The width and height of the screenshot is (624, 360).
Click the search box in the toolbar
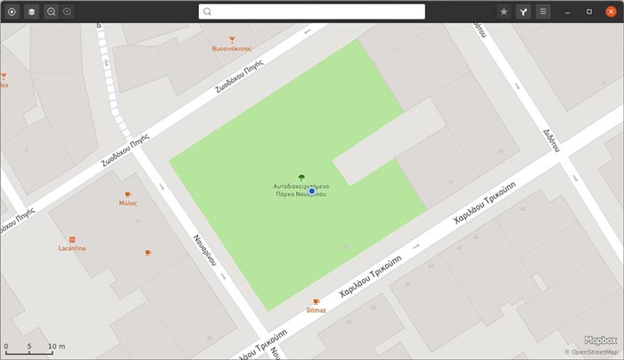click(x=311, y=12)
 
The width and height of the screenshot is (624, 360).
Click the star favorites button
click(x=504, y=12)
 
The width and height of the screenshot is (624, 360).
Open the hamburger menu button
click(x=543, y=12)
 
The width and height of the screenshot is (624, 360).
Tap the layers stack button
click(x=31, y=12)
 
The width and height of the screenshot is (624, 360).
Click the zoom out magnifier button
click(x=51, y=12)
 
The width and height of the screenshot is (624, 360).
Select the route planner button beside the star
click(x=523, y=12)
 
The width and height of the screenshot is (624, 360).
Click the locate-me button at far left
click(x=12, y=12)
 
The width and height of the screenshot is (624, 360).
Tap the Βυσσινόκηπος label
click(x=232, y=49)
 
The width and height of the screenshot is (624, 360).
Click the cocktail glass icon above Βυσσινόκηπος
click(x=232, y=39)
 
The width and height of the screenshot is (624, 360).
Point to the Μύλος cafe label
click(x=127, y=203)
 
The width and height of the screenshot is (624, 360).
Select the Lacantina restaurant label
click(x=72, y=249)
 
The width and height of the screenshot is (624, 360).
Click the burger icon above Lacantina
click(x=72, y=239)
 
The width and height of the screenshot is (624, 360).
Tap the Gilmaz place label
click(x=316, y=310)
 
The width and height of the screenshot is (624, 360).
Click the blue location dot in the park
click(x=312, y=192)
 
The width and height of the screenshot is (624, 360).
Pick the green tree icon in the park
click(x=301, y=177)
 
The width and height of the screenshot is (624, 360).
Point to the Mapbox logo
click(x=600, y=340)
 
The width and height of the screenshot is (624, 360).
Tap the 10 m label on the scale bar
click(x=56, y=347)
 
